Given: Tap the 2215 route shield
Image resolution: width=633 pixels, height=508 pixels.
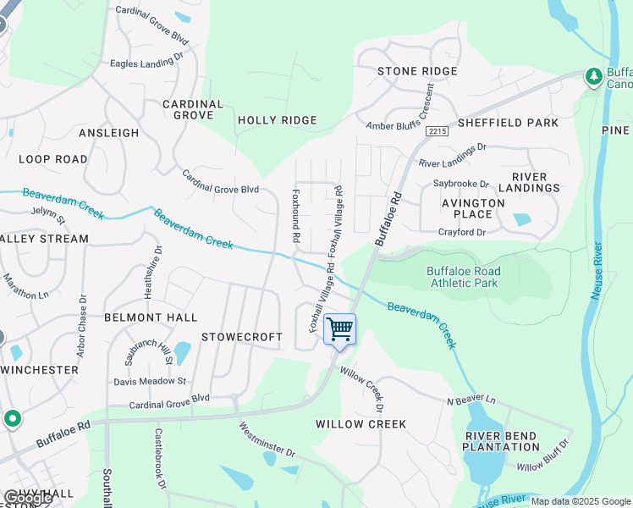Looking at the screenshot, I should [x=437, y=131].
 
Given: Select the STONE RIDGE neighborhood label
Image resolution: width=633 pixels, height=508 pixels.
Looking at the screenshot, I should [x=417, y=71].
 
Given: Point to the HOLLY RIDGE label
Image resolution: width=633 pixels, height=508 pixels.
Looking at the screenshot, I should [x=277, y=120].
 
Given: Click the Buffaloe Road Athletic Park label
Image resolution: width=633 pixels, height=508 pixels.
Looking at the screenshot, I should [x=463, y=278].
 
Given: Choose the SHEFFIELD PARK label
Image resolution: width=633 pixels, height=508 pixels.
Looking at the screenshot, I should [x=508, y=123].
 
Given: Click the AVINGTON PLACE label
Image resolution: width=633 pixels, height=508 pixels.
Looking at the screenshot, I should [x=473, y=208].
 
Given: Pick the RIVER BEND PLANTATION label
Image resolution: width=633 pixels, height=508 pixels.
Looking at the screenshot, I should [x=501, y=441].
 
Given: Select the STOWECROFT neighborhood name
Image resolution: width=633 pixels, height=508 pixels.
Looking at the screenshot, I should [x=241, y=337].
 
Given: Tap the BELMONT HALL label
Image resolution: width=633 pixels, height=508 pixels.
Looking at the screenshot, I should [x=150, y=317].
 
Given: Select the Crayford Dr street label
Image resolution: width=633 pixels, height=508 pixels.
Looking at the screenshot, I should [x=463, y=232].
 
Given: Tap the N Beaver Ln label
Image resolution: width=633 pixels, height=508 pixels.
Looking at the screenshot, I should [x=471, y=398].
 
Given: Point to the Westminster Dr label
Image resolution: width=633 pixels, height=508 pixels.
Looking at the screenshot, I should [x=267, y=439].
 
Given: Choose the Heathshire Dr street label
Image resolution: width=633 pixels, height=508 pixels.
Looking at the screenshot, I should [x=158, y=270].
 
